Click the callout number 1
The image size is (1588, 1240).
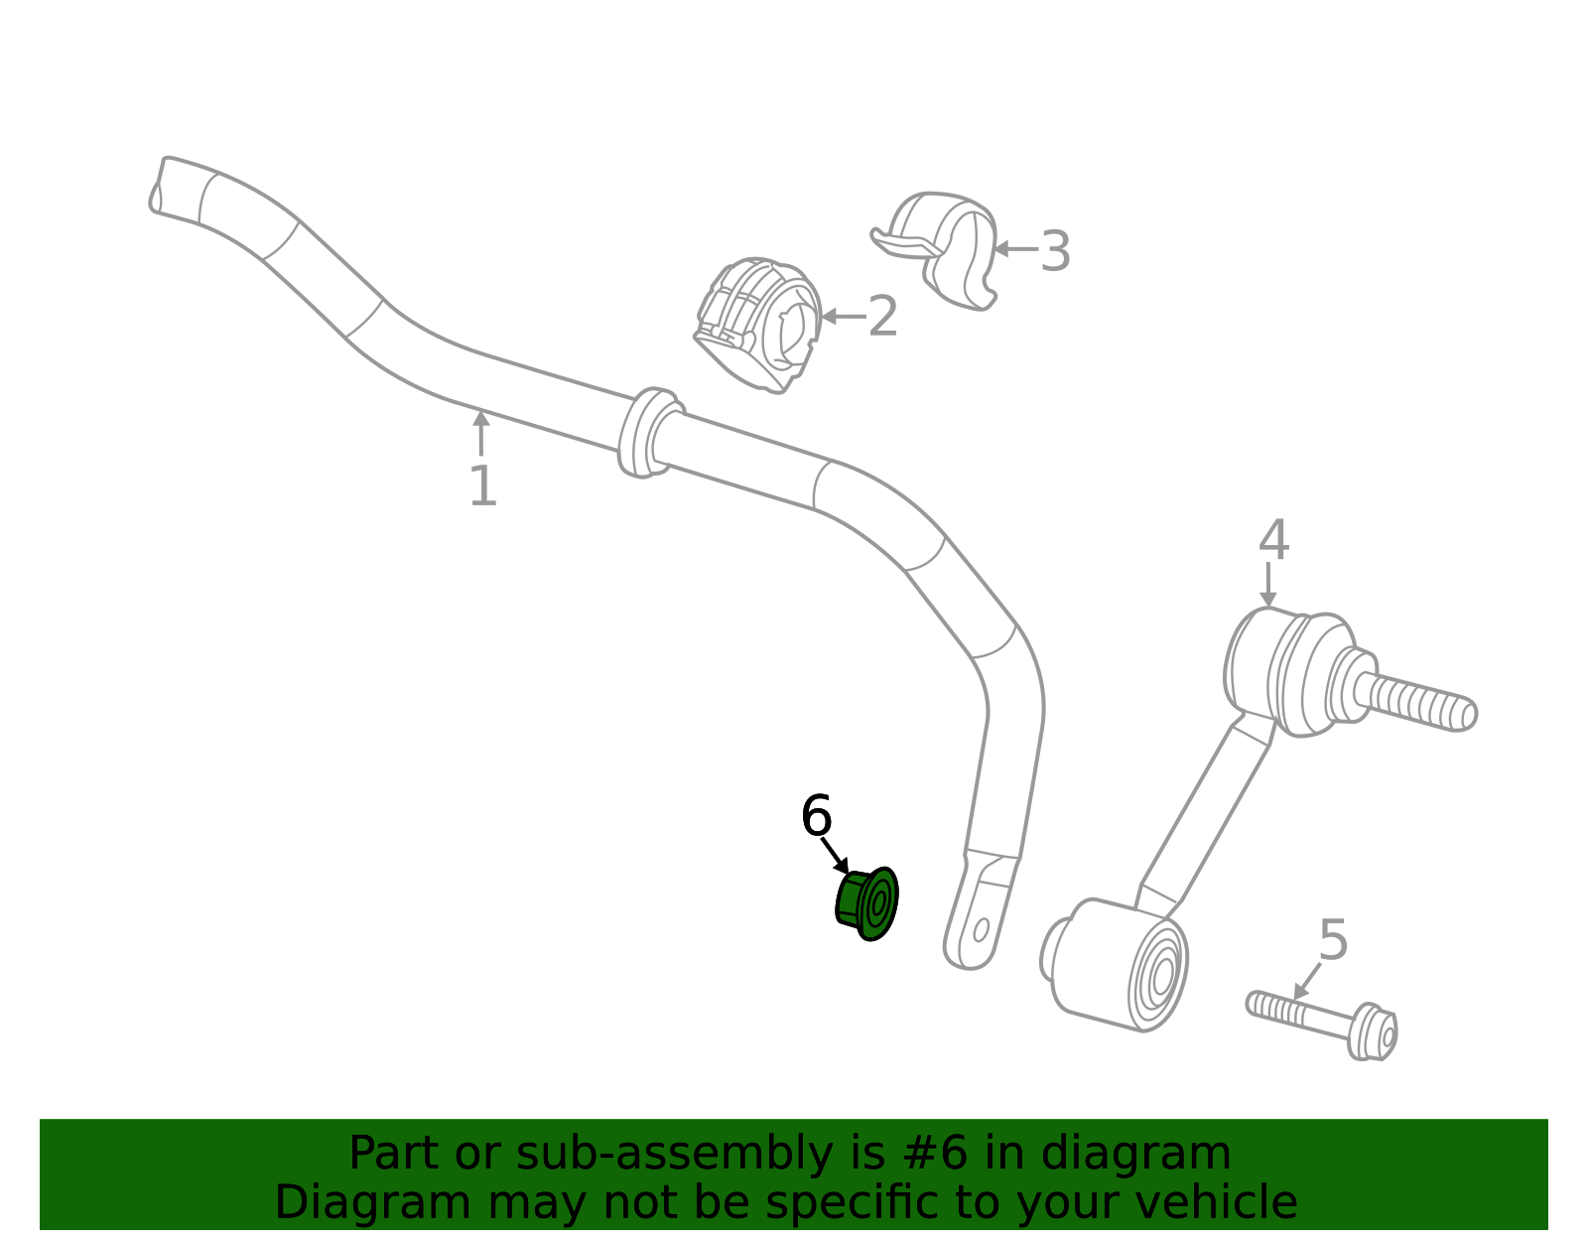click(483, 485)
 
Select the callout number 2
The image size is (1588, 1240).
click(882, 317)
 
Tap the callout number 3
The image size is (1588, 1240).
click(1055, 251)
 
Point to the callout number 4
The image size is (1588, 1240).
click(1273, 539)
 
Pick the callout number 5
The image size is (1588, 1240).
click(1333, 940)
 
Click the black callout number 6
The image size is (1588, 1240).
click(816, 815)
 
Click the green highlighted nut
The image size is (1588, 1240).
click(866, 903)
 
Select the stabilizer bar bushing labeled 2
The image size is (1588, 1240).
click(758, 326)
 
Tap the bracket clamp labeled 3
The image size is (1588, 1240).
click(935, 250)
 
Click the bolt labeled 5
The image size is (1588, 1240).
click(1322, 1026)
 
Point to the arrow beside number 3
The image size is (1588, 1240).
click(1016, 249)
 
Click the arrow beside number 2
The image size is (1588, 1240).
click(844, 317)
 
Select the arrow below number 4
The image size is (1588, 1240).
click(1268, 584)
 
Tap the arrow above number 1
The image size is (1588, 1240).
click(480, 433)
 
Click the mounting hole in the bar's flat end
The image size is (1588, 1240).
click(982, 930)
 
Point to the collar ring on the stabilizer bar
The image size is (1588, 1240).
click(650, 433)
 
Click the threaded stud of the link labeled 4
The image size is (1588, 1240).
click(1414, 703)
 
